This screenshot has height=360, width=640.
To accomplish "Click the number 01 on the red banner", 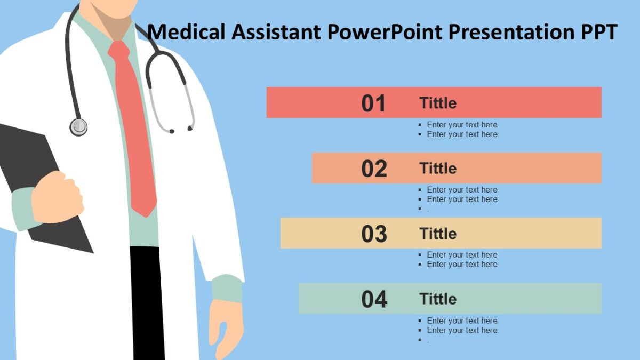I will [373, 103].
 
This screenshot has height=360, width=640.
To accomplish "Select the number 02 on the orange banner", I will [374, 169].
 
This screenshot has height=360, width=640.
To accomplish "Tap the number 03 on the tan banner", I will [374, 234].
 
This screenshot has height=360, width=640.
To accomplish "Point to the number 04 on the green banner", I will [374, 300].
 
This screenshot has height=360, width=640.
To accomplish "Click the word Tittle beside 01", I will [438, 103].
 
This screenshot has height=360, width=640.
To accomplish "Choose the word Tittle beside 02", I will [438, 169].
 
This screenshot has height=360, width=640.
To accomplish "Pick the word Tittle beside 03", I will [438, 234].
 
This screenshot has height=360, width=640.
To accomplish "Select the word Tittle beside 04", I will [438, 299].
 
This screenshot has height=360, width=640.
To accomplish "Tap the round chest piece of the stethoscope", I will [78, 126].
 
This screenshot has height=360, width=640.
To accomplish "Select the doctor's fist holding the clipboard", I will [57, 197].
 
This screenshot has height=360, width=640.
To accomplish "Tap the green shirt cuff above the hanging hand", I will [227, 288].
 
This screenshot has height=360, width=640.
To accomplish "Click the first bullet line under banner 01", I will [462, 125].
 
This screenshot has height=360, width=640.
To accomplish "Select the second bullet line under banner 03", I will [462, 265].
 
